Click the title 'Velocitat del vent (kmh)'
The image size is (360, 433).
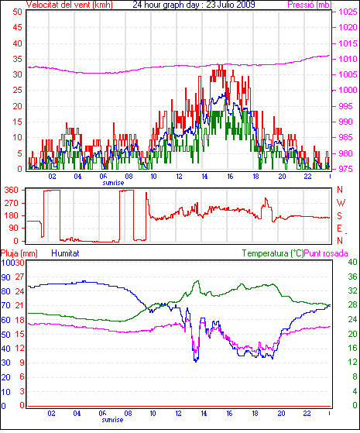[70, 5]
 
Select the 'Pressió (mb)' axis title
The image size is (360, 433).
[310, 5]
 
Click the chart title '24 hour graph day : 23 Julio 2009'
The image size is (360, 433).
[194, 5]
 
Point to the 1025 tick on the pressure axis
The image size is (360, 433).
[348, 12]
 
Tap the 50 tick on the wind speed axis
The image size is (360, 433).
[17, 12]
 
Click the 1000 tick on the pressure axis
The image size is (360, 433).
[348, 91]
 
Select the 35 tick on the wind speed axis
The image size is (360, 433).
[17, 59]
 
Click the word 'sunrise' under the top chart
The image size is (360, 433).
[113, 183]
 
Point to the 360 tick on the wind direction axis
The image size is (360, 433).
[12, 191]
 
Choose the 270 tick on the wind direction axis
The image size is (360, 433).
[12, 203]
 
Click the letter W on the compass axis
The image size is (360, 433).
[341, 203]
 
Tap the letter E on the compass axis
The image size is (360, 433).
[340, 229]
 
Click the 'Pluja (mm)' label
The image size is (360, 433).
[19, 253]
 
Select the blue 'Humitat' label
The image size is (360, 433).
[66, 253]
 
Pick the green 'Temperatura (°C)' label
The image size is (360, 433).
[273, 253]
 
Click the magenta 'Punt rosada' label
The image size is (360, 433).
[326, 253]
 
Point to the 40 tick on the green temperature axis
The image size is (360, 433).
[352, 262]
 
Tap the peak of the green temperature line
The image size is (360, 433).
[197, 281]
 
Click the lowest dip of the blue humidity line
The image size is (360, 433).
[196, 362]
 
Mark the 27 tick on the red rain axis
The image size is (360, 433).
[19, 277]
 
